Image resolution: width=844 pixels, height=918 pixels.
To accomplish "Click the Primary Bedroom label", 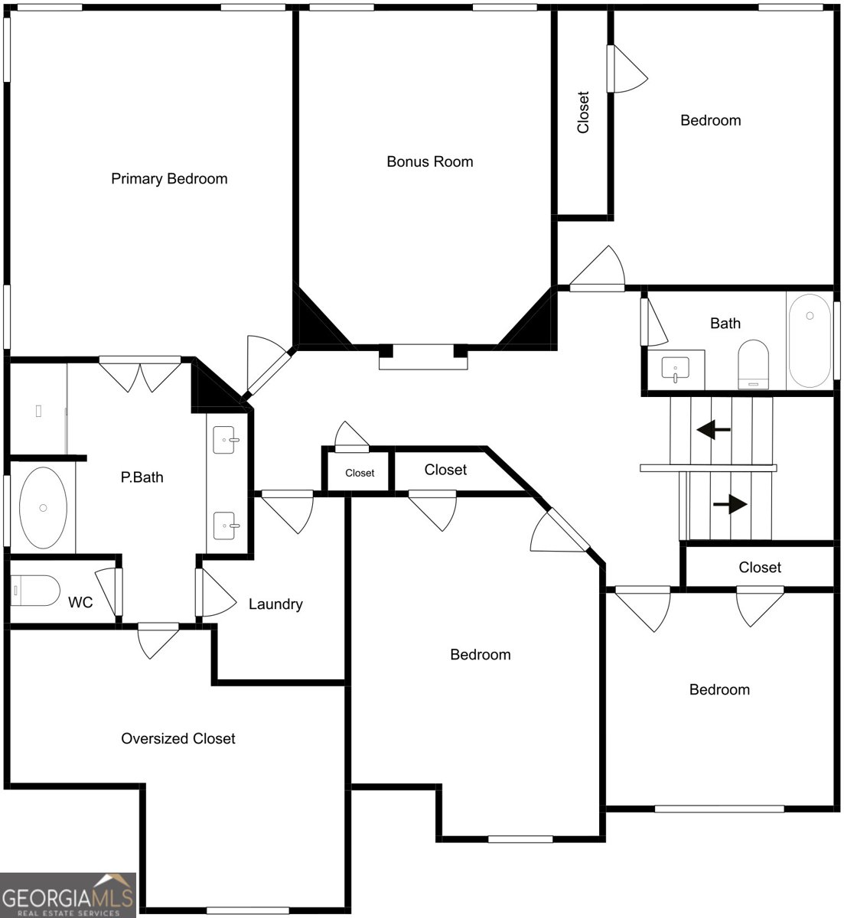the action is pyautogui.click(x=169, y=178).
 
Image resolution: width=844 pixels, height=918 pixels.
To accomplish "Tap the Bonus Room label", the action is pyautogui.click(x=429, y=161).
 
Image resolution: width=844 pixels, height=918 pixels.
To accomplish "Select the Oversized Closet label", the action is pyautogui.click(x=178, y=738).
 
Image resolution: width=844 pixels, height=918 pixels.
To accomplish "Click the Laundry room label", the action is pyautogui.click(x=275, y=604).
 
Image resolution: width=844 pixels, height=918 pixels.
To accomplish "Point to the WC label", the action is pyautogui.click(x=80, y=602).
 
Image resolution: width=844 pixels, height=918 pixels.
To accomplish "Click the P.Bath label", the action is pyautogui.click(x=142, y=477).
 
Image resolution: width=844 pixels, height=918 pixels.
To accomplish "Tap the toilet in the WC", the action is pyautogui.click(x=35, y=591).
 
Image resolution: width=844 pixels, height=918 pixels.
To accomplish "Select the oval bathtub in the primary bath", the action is pyautogui.click(x=43, y=507).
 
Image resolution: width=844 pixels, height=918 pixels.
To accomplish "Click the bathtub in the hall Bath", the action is pyautogui.click(x=810, y=340).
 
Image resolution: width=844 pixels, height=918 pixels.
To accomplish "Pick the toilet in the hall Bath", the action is pyautogui.click(x=753, y=364).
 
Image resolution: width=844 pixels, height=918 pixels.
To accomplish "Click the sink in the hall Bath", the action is pyautogui.click(x=675, y=369).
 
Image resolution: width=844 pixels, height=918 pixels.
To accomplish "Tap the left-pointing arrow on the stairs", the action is pyautogui.click(x=713, y=430).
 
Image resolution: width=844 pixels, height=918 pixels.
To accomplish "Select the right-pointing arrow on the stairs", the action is pyautogui.click(x=730, y=504).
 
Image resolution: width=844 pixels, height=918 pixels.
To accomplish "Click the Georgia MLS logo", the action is pyautogui.click(x=68, y=894).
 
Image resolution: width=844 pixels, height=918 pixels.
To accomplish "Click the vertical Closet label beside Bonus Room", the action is pyautogui.click(x=582, y=112).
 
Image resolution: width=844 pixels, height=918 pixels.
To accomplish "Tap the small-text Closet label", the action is pyautogui.click(x=360, y=473).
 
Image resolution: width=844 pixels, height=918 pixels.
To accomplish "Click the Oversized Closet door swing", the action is pyautogui.click(x=158, y=641).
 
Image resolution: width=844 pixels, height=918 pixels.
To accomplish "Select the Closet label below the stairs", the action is pyautogui.click(x=760, y=568).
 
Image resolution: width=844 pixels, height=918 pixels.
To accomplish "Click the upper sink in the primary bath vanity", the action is pyautogui.click(x=226, y=440).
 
